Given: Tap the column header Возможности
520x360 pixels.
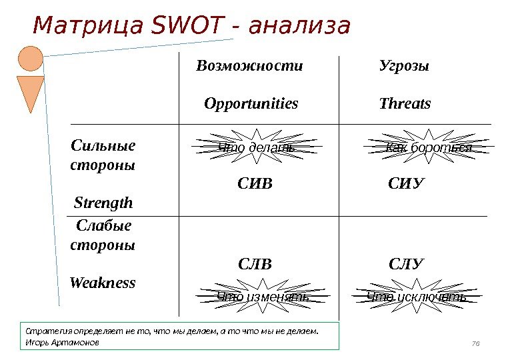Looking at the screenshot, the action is coord(249,66).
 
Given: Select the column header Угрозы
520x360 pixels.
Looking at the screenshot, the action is coord(404,66).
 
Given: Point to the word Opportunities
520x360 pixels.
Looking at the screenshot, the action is coord(251,104).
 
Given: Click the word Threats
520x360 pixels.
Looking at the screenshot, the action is coord(405,104).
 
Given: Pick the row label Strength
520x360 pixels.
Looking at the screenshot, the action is coord(103,202).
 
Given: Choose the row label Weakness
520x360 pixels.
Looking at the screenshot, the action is coord(103,283).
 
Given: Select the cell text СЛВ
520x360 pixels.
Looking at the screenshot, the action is coord(255,264).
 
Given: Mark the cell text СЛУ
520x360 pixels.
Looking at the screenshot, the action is coord(406,264).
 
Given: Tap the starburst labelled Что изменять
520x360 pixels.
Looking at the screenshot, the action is coord(263,297).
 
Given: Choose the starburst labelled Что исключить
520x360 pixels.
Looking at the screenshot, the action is coord(417,297).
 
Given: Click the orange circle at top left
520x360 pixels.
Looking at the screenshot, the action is coord(30,59).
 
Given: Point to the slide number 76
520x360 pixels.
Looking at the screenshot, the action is coord(475,343).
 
